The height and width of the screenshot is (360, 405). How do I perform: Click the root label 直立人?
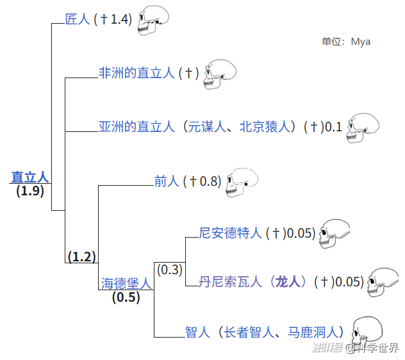coord(30,177)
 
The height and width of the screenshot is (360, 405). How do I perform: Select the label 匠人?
coord(78,19)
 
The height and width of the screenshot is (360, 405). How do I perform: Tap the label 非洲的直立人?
coord(136,73)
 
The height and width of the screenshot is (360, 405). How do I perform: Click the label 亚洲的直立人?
coord(136,126)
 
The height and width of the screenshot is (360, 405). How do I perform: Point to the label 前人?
coord(167,181)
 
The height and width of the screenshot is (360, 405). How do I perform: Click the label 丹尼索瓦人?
coord(231,281)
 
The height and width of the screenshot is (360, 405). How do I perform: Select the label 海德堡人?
coord(126,283)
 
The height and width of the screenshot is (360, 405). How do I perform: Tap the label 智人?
coord(198,332)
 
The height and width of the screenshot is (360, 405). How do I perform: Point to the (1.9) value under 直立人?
coord(30,191)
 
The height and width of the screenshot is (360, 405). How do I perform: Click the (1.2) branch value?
coord(81,257)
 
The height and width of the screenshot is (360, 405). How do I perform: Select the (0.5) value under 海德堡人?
coord(126,297)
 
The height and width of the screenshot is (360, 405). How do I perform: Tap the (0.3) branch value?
coord(169,270)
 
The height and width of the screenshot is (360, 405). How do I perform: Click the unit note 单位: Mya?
coord(346,42)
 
